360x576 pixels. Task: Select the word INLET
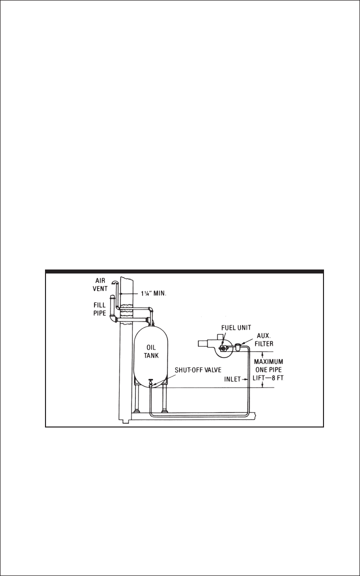click(x=232, y=380)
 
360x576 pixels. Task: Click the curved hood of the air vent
click(x=115, y=282)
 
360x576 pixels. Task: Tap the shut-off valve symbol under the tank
click(x=150, y=384)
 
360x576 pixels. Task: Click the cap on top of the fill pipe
click(x=112, y=296)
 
